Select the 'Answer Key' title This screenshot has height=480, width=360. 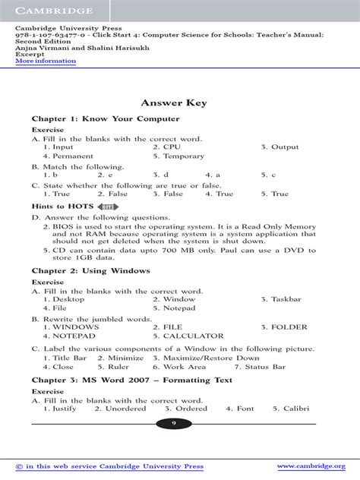(x=179, y=103)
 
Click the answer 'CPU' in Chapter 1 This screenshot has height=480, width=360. (x=172, y=147)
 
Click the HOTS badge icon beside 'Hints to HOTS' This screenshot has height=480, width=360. (x=107, y=207)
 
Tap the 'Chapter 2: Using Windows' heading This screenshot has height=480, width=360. (x=90, y=270)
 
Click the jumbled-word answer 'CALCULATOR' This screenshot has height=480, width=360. (x=193, y=336)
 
